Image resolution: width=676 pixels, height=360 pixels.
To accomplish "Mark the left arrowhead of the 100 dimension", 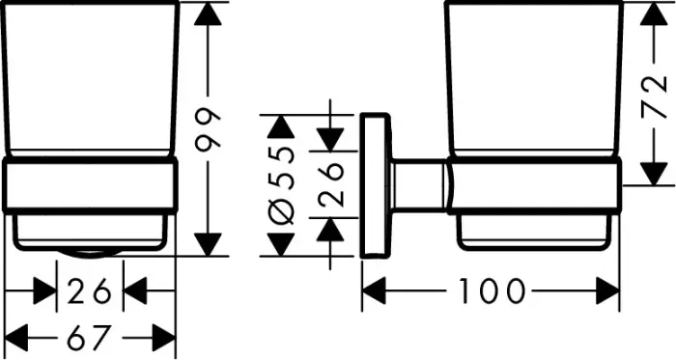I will [375, 290].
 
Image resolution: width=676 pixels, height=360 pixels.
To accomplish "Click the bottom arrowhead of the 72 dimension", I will [655, 174].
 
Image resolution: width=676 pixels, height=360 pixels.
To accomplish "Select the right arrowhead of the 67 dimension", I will [164, 339].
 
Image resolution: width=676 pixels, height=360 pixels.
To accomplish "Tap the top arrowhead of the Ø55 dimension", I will [280, 126].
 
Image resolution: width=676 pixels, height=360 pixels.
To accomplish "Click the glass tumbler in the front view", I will [91, 77].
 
